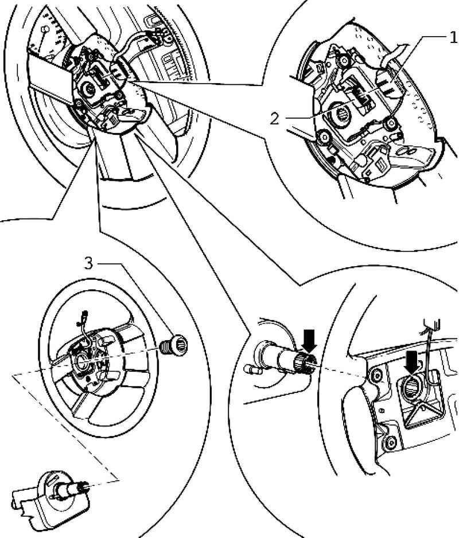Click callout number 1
[x=452, y=38]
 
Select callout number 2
[x=275, y=119]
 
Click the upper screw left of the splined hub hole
[x=377, y=376]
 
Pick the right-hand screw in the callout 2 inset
[x=392, y=122]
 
